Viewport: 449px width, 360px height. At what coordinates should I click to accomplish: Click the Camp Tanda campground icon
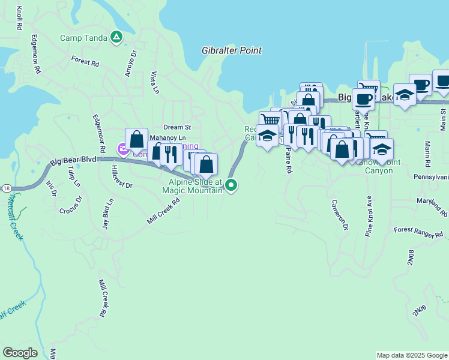(117, 38)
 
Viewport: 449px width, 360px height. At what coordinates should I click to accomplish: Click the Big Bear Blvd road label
(73, 161)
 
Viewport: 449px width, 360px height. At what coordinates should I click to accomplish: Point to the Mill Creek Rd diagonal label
(163, 212)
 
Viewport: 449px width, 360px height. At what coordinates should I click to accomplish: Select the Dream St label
(177, 127)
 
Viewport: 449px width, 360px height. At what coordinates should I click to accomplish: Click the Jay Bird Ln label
(107, 214)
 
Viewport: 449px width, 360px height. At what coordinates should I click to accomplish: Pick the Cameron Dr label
(339, 215)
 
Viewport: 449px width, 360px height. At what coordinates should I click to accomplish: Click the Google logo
(20, 353)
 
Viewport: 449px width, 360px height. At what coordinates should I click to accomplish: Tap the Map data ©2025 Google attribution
(411, 355)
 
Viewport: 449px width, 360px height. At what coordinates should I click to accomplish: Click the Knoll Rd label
(20, 19)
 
